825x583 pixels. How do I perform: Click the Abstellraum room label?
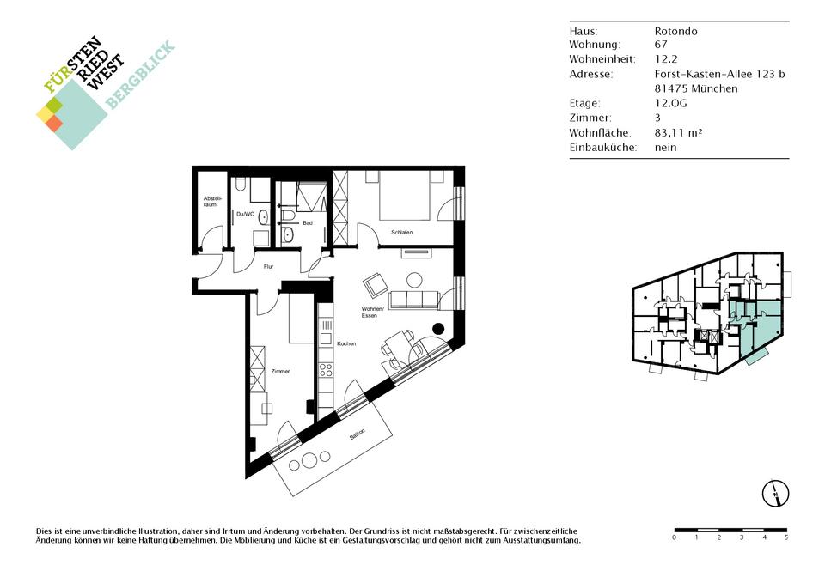point(210,201)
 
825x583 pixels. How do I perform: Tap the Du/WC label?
point(245,214)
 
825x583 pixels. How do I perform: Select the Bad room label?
point(308,223)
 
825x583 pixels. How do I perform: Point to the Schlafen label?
point(401,232)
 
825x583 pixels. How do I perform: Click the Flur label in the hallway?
point(268,266)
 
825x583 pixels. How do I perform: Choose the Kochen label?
point(346,343)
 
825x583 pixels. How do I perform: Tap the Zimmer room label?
point(280,371)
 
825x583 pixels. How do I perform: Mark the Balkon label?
point(357,435)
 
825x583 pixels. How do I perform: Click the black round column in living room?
point(438,329)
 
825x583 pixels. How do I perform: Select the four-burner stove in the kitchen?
point(326,369)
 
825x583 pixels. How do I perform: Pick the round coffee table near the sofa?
point(414,280)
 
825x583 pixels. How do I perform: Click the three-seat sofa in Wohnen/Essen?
point(414,299)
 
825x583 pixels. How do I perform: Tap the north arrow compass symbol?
point(775,494)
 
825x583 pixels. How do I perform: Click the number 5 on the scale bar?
point(786,537)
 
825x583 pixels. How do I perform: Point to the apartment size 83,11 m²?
point(678,132)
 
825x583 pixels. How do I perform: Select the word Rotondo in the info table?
point(676,31)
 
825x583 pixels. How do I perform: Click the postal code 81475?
point(670,88)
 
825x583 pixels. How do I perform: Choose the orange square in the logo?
point(54,123)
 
